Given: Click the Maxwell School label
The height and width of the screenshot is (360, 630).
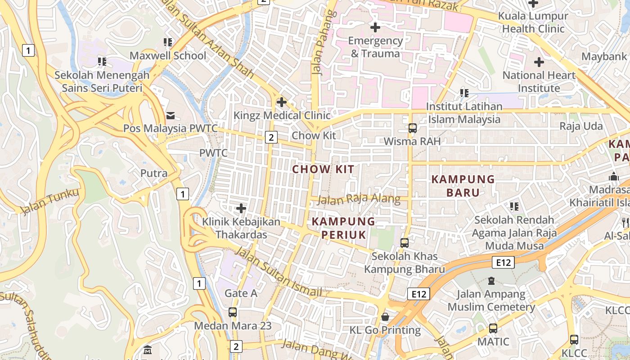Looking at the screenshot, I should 168,56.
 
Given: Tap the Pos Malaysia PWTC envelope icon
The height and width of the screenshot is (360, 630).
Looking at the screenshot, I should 171,116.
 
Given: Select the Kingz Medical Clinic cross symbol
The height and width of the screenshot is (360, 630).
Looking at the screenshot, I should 282,102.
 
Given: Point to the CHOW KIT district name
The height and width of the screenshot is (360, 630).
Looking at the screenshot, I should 323,170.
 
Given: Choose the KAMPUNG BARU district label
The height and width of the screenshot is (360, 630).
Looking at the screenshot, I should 463,186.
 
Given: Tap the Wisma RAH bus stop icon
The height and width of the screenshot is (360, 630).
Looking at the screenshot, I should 413,128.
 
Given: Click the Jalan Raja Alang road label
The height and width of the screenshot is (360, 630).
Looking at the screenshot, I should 359,199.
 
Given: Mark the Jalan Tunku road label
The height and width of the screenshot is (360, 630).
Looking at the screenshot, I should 49,202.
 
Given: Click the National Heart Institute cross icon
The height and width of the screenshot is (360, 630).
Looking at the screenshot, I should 539,62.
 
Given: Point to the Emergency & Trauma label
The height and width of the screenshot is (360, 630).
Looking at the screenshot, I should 375,47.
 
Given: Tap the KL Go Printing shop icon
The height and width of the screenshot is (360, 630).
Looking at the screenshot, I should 385,317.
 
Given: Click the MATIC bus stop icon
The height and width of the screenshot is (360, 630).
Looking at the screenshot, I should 493,328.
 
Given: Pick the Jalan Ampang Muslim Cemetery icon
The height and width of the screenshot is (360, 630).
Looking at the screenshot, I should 491,281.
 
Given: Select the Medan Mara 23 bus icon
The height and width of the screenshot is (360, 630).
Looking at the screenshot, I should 233,312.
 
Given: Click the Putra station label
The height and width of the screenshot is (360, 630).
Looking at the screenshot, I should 154,173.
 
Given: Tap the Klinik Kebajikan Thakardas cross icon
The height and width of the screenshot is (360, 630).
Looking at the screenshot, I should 241,208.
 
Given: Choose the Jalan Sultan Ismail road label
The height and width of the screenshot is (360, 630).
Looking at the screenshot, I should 279,273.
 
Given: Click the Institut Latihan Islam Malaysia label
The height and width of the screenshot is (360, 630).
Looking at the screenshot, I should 464,113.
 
